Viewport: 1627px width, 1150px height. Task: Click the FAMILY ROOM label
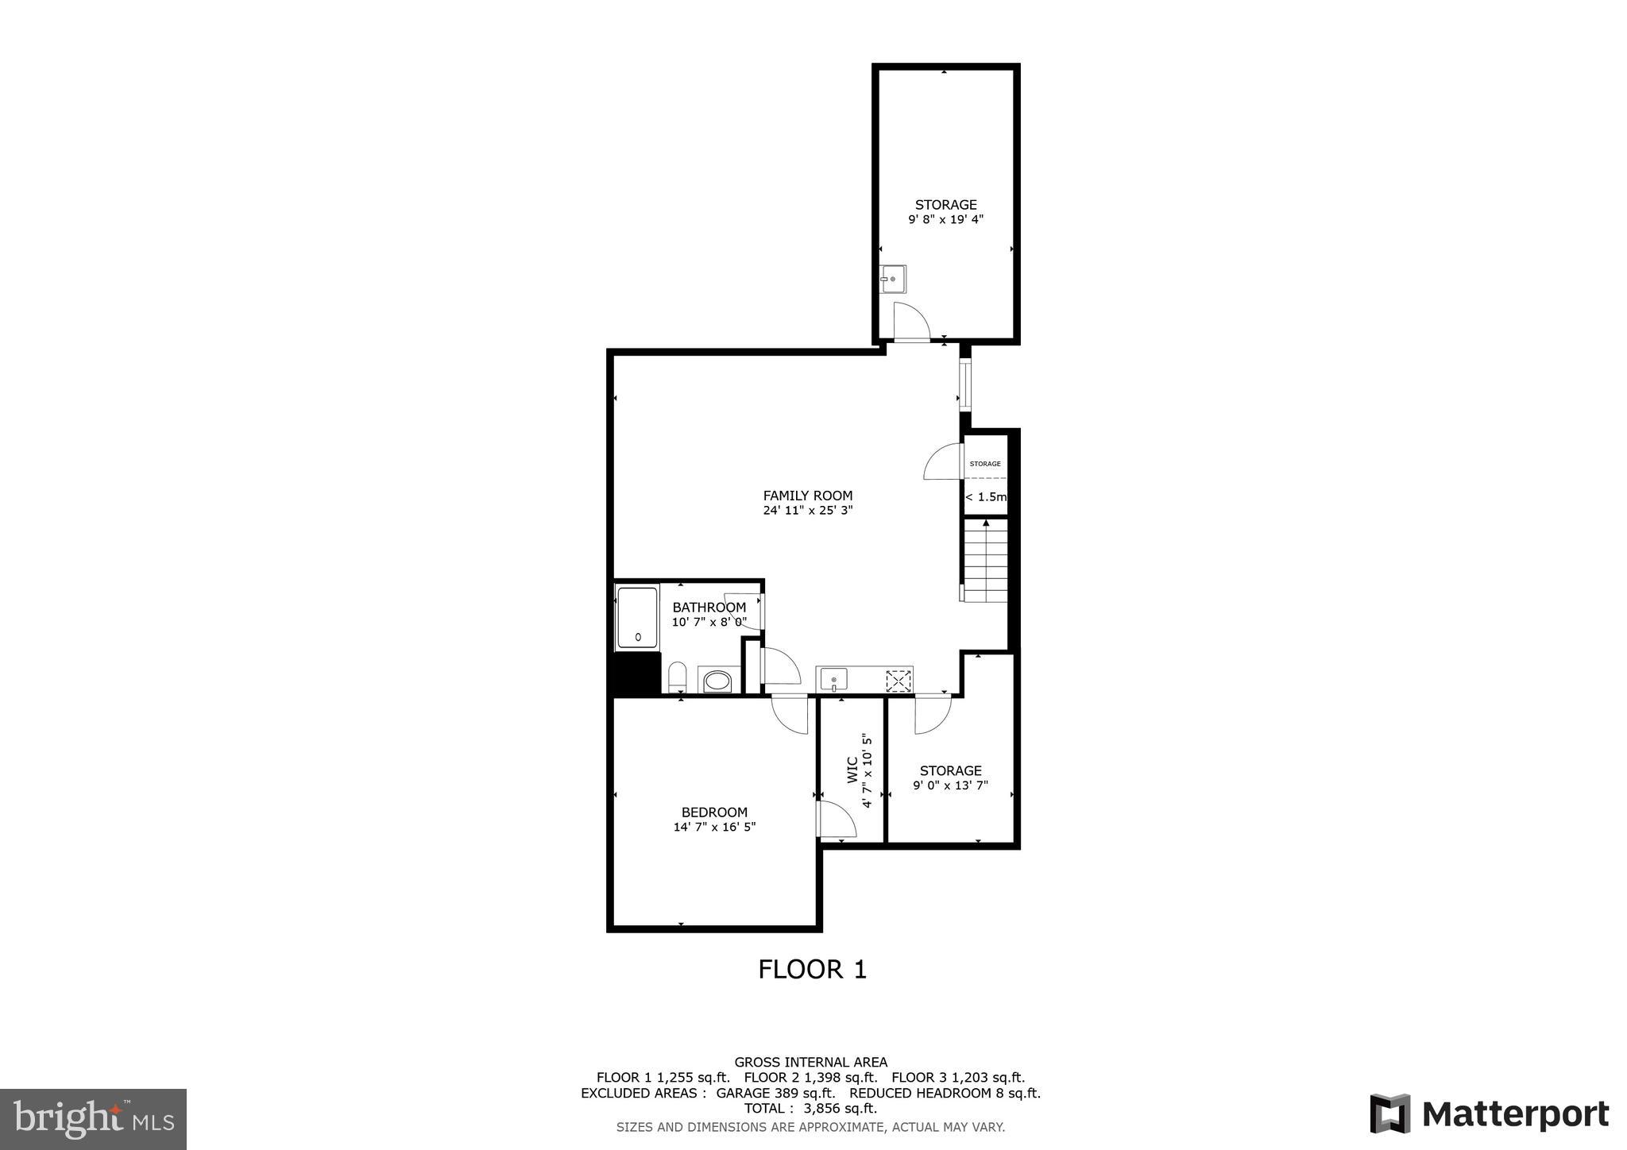pyautogui.click(x=807, y=496)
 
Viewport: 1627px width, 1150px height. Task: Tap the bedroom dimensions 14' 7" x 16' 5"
pyautogui.click(x=713, y=827)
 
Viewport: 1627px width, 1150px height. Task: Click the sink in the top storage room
pyautogui.click(x=893, y=279)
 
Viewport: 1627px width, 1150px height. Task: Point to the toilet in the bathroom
pyautogui.click(x=677, y=677)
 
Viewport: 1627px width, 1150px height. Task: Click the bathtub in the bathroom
pyautogui.click(x=637, y=618)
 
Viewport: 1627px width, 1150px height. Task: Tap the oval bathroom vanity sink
pyautogui.click(x=718, y=681)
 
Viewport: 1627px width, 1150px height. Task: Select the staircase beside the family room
pyautogui.click(x=986, y=561)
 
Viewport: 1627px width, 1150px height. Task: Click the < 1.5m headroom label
pyautogui.click(x=985, y=497)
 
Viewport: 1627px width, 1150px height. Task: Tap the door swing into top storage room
pyautogui.click(x=910, y=321)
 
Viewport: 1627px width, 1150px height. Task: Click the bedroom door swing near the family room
pyautogui.click(x=790, y=714)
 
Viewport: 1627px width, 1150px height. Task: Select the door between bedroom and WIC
pyautogui.click(x=837, y=820)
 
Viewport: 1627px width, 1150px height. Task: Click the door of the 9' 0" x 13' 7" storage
pyautogui.click(x=931, y=714)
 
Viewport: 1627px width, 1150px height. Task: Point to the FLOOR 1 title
pyautogui.click(x=812, y=970)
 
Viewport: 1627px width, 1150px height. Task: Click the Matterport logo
pyautogui.click(x=1489, y=1113)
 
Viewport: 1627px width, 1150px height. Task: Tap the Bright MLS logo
pyautogui.click(x=93, y=1120)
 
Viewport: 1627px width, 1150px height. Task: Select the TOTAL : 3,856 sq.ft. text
pyautogui.click(x=810, y=1109)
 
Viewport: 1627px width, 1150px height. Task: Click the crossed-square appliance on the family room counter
pyautogui.click(x=898, y=681)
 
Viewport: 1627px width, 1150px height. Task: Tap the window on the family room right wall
pyautogui.click(x=964, y=384)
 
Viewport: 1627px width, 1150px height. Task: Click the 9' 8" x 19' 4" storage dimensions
pyautogui.click(x=945, y=220)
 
